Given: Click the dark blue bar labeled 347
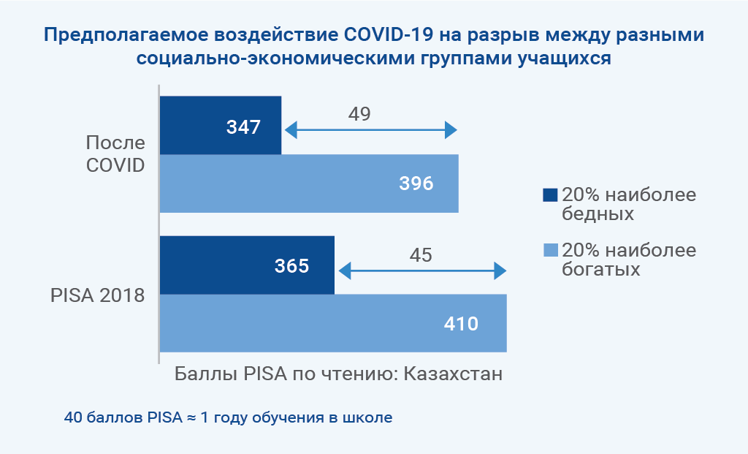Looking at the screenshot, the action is [x=221, y=125].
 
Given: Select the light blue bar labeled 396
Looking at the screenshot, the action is [x=309, y=184].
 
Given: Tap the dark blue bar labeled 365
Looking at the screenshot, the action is [x=247, y=265].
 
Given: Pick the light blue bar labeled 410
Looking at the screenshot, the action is [x=333, y=323].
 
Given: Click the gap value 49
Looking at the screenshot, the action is [x=359, y=113].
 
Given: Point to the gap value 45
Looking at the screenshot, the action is [x=421, y=255].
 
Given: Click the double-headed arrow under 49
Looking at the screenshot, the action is [x=370, y=130].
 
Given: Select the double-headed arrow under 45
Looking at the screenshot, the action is [x=422, y=270].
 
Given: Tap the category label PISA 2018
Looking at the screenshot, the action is [x=97, y=295].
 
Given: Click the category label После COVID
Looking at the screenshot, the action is [x=115, y=154].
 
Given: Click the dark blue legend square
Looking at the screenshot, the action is [x=550, y=195].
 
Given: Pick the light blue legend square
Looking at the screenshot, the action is [x=551, y=250].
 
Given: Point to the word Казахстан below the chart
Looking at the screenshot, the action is [x=453, y=374].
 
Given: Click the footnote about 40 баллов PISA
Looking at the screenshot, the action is [x=228, y=417].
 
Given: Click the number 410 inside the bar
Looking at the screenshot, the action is [x=461, y=324].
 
